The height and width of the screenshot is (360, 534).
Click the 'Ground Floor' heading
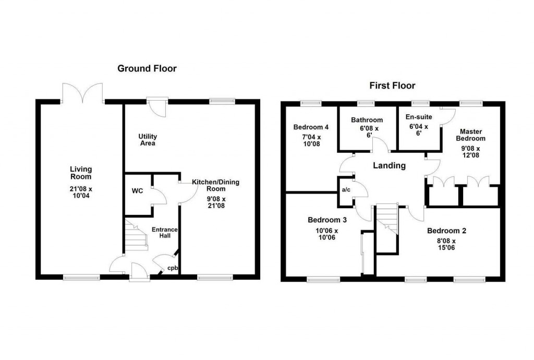(x=147, y=68)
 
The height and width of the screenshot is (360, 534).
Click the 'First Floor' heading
(x=392, y=86)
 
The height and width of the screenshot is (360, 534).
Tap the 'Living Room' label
(x=81, y=173)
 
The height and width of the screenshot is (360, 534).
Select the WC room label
(x=137, y=191)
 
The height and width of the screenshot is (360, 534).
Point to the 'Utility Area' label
(x=148, y=139)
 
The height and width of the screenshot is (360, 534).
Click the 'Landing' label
(x=389, y=166)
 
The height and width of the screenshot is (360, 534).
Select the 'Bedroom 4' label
(x=311, y=127)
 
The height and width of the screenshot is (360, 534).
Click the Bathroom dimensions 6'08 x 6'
(x=367, y=130)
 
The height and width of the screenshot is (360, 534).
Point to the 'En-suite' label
(x=418, y=117)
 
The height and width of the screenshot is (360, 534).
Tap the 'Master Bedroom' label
(x=470, y=135)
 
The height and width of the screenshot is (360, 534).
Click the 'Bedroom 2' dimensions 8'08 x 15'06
(x=446, y=245)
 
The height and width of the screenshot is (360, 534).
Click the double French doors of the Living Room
(x=81, y=93)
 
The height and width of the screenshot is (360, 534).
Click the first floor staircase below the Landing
(x=386, y=219)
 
